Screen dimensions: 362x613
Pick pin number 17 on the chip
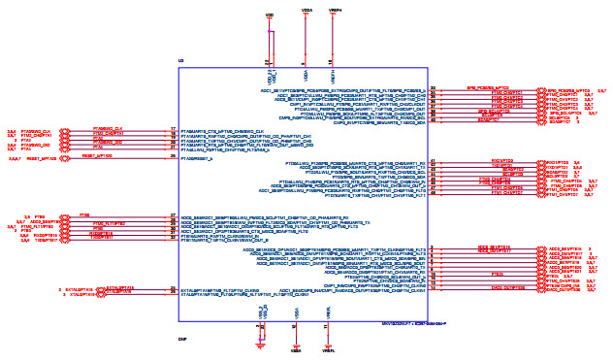pyautogui.click(x=172, y=129)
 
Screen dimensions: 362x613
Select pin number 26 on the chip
pyautogui.click(x=172, y=156)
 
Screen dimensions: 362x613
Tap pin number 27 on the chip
pyautogui.click(x=172, y=215)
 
